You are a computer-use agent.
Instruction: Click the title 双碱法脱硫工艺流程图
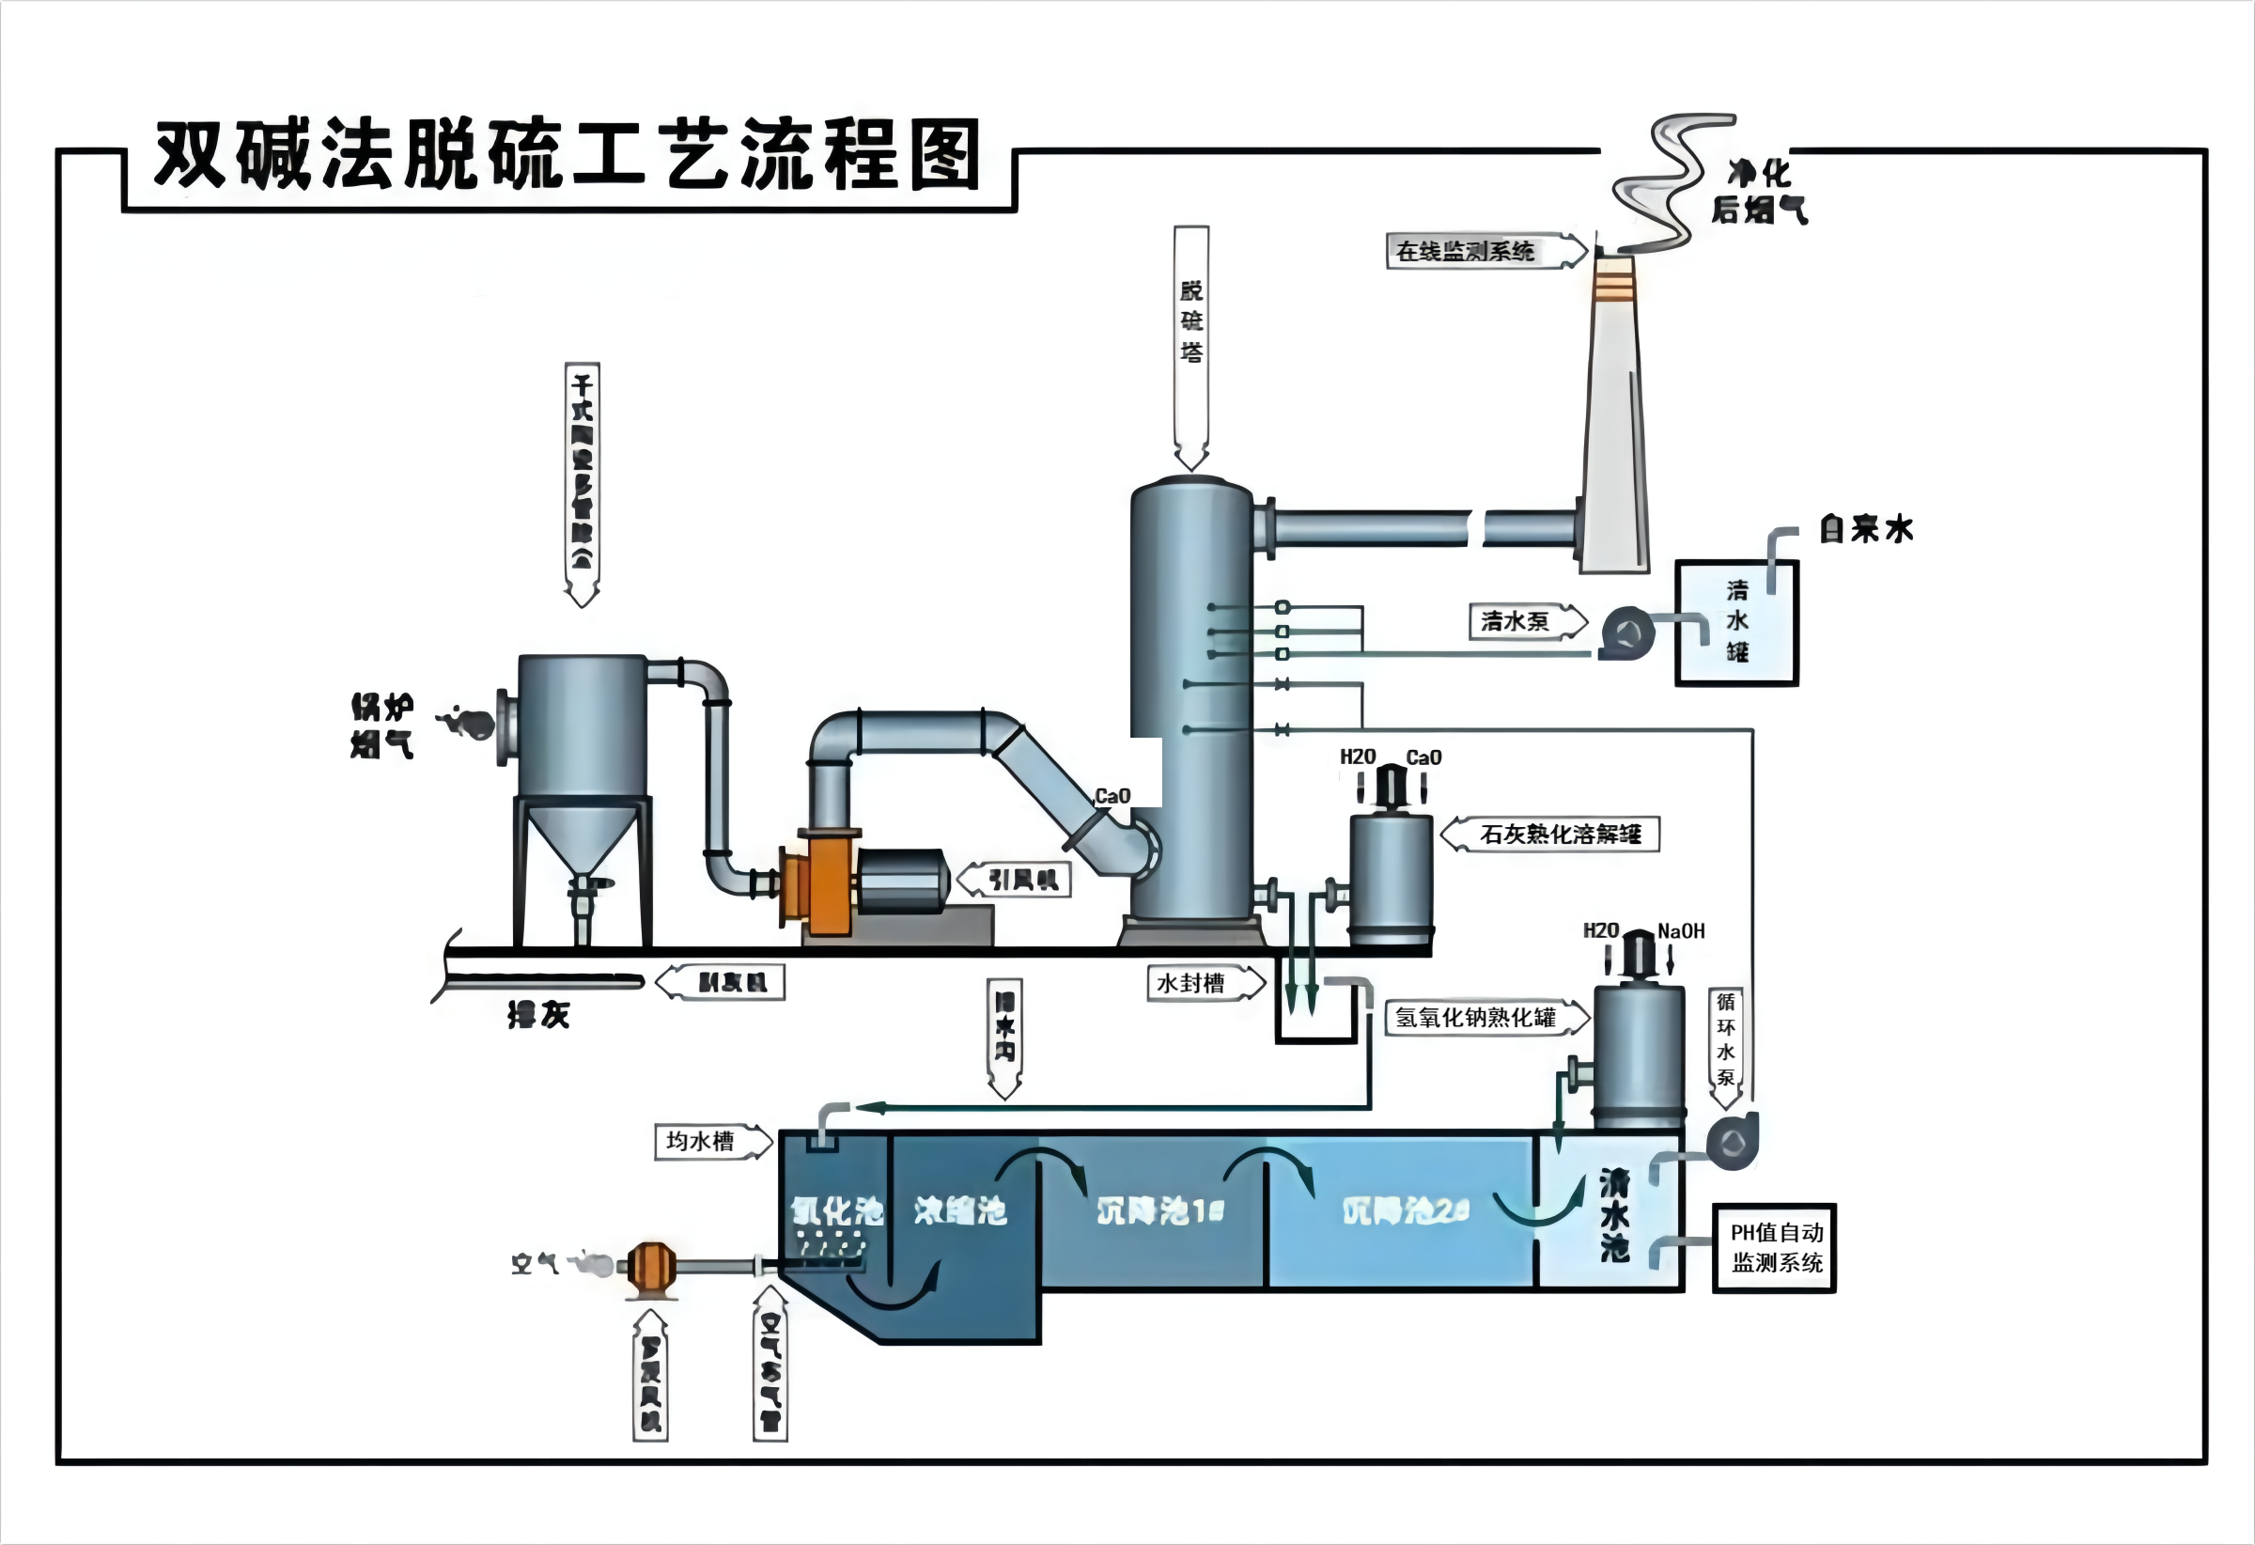tap(568, 155)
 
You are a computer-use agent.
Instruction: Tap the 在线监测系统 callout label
tap(1467, 251)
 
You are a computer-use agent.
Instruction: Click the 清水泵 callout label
tap(1516, 621)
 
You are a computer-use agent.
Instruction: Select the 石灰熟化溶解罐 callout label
tap(1561, 834)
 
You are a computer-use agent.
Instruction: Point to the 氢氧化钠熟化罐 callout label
tap(1476, 1017)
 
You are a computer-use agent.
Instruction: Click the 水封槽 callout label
tap(1191, 983)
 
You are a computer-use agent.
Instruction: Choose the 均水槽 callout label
tap(701, 1141)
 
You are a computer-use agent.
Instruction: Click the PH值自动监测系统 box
tap(1775, 1248)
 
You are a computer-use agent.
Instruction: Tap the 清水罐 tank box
tap(1737, 623)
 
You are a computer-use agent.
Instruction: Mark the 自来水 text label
tap(1867, 529)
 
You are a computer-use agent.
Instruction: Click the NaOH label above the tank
tap(1681, 931)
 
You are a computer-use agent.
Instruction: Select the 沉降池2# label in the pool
tap(1406, 1210)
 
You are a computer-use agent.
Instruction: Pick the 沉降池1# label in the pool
tap(1160, 1210)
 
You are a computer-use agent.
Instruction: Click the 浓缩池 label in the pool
tap(960, 1210)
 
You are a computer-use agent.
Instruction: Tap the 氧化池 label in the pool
tap(836, 1210)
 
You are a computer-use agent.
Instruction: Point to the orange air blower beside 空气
tap(651, 1267)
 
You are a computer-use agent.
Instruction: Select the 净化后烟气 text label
tap(1759, 191)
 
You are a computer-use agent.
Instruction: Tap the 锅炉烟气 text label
tap(382, 725)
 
